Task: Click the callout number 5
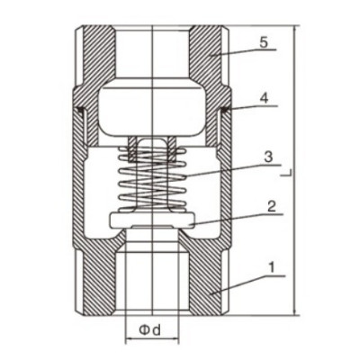(x=263, y=42)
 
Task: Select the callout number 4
(x=264, y=98)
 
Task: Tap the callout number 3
(x=268, y=157)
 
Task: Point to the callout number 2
(x=271, y=207)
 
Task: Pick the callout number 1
(x=272, y=267)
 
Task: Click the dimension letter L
(x=289, y=173)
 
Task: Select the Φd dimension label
(x=150, y=330)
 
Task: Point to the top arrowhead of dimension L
(x=296, y=29)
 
